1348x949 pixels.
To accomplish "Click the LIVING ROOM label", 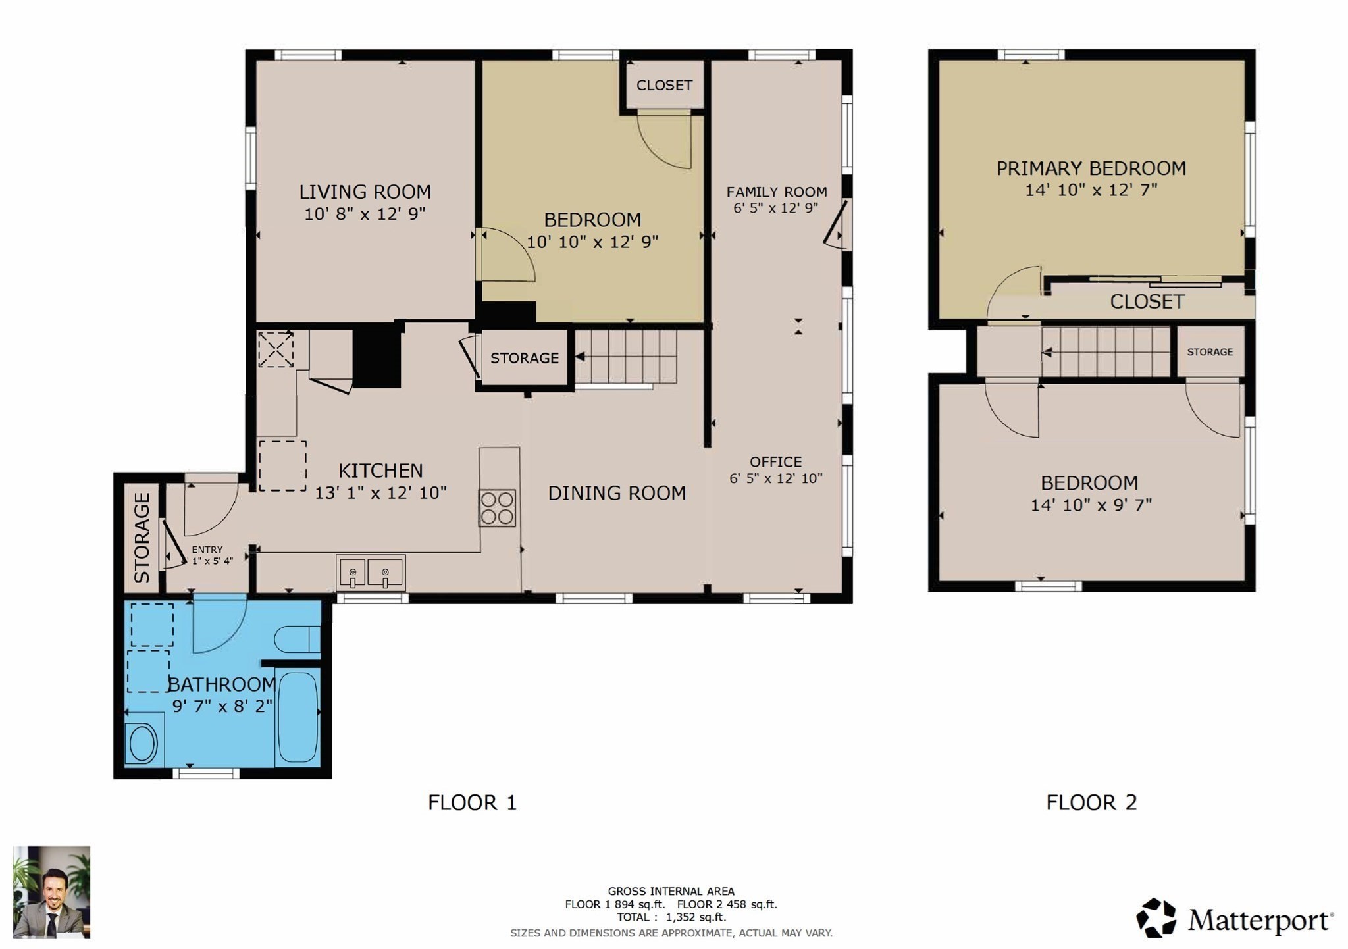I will pos(365,192).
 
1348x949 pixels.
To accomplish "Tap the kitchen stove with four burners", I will pos(497,508).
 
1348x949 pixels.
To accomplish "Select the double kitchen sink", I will pos(371,573).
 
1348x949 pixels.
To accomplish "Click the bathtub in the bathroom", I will pos(298,717).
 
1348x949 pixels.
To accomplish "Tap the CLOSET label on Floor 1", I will pos(664,86).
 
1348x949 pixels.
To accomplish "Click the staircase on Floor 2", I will pos(1106,352).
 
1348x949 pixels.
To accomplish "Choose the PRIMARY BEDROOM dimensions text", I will pos(1091,190).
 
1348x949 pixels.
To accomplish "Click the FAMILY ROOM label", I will pos(777,192).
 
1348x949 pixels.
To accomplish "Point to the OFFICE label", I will pos(775,462).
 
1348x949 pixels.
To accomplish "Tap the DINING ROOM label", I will pos(617,493).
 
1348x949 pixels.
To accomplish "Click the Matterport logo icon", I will pos(1156,917).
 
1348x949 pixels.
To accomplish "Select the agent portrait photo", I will pos(51,892).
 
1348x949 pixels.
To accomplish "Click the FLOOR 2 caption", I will pos(1091,803).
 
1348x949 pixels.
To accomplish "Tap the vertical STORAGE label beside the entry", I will pos(142,538).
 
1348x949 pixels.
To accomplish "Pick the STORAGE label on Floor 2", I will pos(1210,352).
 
